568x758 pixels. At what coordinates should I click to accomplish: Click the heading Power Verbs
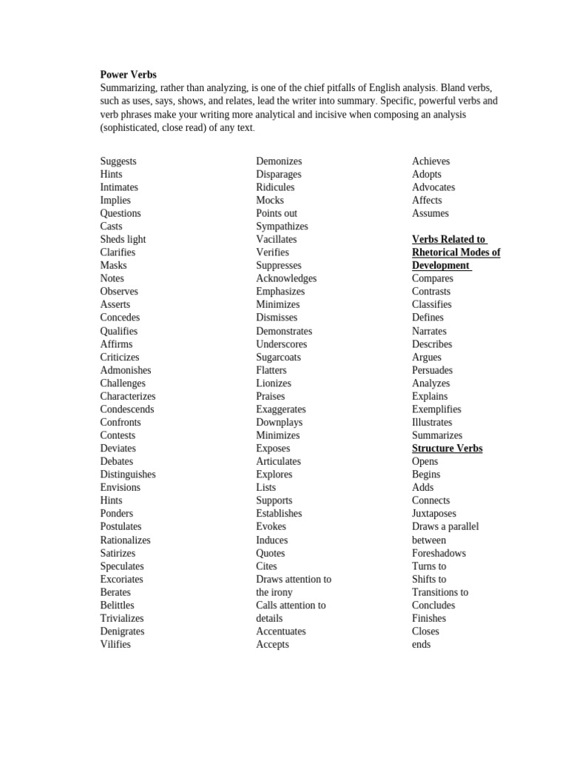click(x=128, y=75)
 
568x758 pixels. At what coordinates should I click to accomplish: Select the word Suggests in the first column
click(x=118, y=161)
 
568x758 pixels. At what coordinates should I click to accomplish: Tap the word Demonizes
click(x=279, y=161)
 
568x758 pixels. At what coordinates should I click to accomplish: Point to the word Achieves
click(x=430, y=161)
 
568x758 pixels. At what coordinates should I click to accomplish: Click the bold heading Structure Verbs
click(x=447, y=449)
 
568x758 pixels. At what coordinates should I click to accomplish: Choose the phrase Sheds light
click(x=123, y=239)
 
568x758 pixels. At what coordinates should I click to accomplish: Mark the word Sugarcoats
click(x=278, y=357)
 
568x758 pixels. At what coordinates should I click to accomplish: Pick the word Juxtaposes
click(x=433, y=514)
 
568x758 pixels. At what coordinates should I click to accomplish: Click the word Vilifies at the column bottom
click(x=115, y=644)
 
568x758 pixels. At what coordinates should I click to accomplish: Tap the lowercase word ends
click(x=421, y=644)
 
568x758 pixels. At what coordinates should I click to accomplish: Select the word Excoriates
click(x=121, y=579)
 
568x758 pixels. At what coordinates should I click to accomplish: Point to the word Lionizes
click(x=274, y=383)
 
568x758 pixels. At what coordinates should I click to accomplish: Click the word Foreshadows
click(x=439, y=553)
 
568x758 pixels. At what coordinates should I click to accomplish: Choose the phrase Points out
click(x=277, y=213)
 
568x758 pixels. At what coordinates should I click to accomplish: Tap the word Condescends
click(x=127, y=409)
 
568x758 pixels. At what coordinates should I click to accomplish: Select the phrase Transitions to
click(x=439, y=592)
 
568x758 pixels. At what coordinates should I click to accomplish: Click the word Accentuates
click(x=280, y=631)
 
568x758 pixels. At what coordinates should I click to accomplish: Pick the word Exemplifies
click(x=436, y=409)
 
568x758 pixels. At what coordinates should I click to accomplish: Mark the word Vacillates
click(x=277, y=239)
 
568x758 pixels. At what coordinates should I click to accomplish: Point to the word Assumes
click(x=430, y=213)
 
